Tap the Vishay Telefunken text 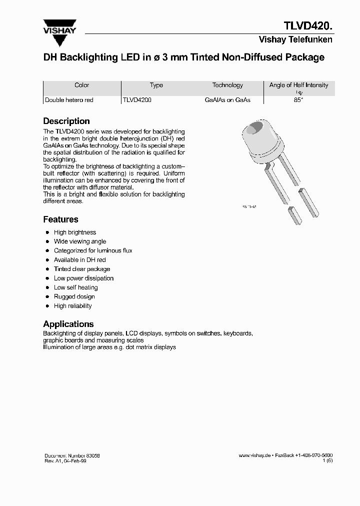pos(295,40)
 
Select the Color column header pos(81,85)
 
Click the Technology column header pos(227,85)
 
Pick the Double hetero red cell pos(69,100)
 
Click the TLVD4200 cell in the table pos(137,100)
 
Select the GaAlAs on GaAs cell pos(227,100)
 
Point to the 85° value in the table pos(298,100)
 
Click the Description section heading pos(66,121)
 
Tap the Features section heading pos(60,219)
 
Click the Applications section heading pos(68,324)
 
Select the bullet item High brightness pos(74,232)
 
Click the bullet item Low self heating pos(75,287)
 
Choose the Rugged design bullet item pos(74,296)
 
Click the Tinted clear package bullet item pos(81,269)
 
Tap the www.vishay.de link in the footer pos(254,455)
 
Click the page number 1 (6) pos(327,461)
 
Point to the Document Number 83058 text pos(71,455)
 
